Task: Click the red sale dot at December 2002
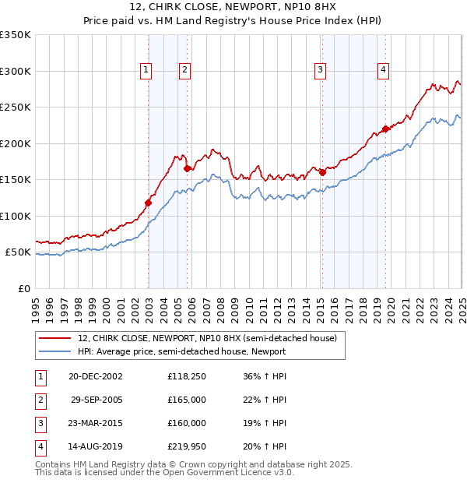(148, 203)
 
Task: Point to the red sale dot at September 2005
(188, 168)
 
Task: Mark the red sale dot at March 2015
(322, 172)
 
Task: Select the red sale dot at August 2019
(385, 129)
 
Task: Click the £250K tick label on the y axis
(16, 108)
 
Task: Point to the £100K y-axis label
(16, 216)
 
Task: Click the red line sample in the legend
(54, 339)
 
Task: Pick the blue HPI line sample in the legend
(54, 351)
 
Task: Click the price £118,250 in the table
(186, 375)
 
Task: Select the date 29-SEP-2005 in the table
(96, 400)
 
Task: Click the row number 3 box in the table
(40, 424)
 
